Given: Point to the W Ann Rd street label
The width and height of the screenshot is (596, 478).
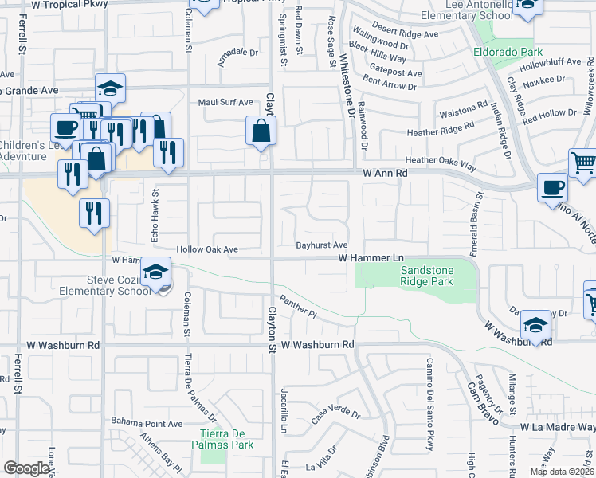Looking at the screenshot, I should pyautogui.click(x=385, y=172).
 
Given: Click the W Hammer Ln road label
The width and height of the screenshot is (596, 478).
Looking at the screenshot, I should pyautogui.click(x=371, y=258).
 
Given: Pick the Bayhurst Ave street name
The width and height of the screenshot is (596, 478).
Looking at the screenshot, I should pyautogui.click(x=322, y=245).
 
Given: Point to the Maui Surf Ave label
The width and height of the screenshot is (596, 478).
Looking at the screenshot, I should pyautogui.click(x=225, y=102).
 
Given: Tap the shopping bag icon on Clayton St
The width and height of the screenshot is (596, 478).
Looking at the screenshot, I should pyautogui.click(x=261, y=130).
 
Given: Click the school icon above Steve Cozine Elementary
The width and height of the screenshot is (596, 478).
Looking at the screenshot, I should pyautogui.click(x=157, y=272).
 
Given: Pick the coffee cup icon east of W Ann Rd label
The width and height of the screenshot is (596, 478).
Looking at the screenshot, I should pyautogui.click(x=552, y=187).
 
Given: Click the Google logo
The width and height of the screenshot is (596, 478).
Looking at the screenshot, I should pyautogui.click(x=26, y=468).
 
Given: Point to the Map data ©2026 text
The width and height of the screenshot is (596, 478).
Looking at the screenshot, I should pyautogui.click(x=561, y=472).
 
